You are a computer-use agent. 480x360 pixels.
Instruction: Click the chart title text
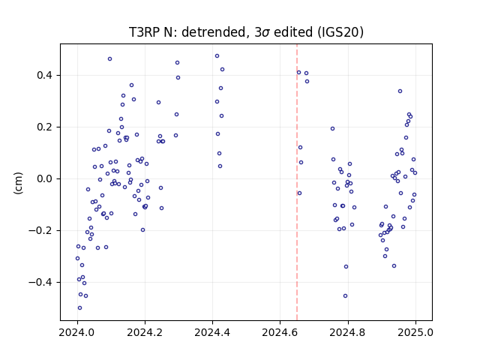(246, 32)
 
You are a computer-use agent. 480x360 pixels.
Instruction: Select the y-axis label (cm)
(18, 183)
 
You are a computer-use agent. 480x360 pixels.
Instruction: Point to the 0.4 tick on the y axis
(46, 75)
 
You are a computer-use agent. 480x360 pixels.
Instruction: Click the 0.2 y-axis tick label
(46, 127)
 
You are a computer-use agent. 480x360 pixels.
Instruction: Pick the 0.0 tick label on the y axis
(46, 178)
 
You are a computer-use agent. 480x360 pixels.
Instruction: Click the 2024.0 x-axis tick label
(77, 332)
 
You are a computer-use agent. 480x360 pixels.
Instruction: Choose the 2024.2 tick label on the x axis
(145, 332)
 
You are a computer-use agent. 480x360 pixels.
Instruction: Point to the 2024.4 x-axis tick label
(212, 332)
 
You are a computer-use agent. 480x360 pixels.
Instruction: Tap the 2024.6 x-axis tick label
(280, 332)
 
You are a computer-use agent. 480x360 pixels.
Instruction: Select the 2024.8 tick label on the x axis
(348, 332)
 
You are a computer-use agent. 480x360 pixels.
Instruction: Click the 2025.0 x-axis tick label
(415, 332)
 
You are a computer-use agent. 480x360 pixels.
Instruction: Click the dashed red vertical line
(297, 182)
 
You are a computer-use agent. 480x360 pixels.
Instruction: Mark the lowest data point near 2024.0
(80, 308)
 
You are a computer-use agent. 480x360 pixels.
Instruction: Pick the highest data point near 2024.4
(217, 56)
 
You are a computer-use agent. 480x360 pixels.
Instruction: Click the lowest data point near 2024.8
(345, 296)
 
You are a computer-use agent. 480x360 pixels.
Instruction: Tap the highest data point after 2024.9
(400, 91)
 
